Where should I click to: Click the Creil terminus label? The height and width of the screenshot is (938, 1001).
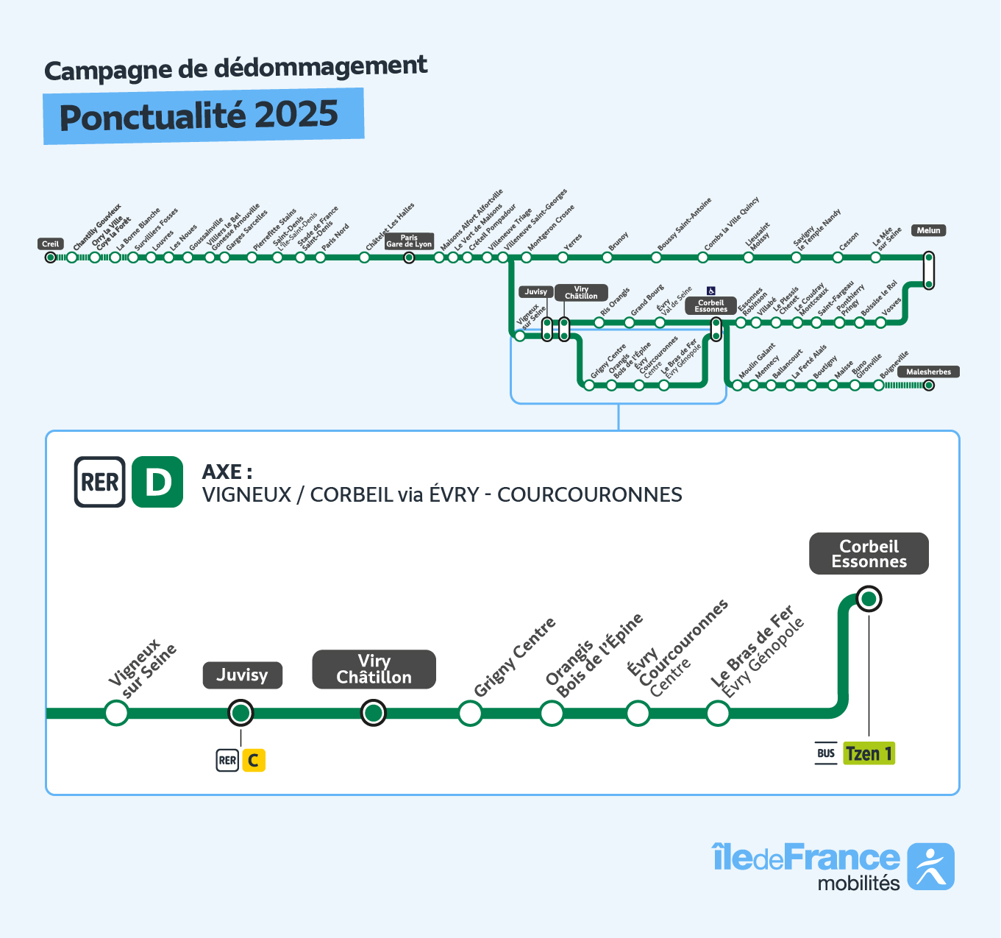(x=51, y=244)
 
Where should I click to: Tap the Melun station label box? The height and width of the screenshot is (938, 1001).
(x=928, y=230)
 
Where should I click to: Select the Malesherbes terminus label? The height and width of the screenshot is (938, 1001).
(x=928, y=372)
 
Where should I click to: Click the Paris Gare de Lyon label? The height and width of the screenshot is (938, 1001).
(x=409, y=241)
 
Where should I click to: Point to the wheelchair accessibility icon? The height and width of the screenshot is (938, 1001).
(x=711, y=291)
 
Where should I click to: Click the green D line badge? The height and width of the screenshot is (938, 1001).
(x=157, y=482)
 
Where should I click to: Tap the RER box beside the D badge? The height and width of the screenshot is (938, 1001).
(x=100, y=482)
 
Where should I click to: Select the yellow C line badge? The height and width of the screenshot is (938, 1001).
(x=253, y=760)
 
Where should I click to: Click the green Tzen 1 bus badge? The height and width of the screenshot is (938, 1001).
(x=869, y=753)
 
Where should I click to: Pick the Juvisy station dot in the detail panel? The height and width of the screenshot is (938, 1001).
(x=241, y=712)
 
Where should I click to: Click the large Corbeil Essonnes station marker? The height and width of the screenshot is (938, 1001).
(x=869, y=599)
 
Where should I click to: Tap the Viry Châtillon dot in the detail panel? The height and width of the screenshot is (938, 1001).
(x=374, y=712)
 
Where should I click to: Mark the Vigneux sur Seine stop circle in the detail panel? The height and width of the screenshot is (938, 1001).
(x=116, y=712)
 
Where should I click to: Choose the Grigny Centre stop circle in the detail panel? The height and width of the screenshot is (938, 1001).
(x=470, y=712)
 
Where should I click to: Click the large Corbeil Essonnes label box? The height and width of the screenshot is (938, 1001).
(x=869, y=554)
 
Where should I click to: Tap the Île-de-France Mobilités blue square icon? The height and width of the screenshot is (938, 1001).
(x=930, y=867)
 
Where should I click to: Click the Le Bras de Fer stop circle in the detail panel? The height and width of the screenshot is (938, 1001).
(x=718, y=712)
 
